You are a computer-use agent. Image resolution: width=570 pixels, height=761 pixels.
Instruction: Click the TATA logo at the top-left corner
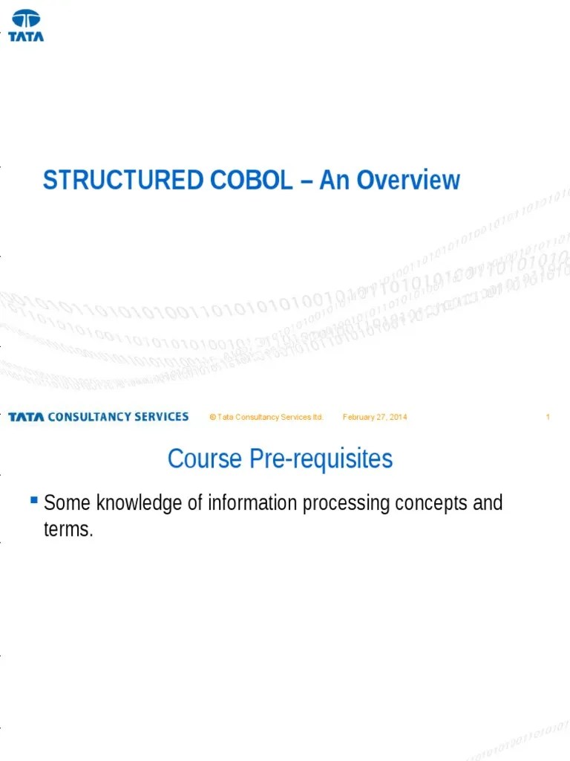coord(26,25)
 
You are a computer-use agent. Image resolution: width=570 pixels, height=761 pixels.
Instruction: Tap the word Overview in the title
coord(410,181)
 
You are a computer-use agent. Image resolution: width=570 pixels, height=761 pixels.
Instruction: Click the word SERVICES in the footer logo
coord(161,417)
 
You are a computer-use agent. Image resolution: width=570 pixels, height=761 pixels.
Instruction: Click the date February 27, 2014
coord(375,418)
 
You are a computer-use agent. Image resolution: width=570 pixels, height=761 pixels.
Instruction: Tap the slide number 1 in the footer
coord(548,418)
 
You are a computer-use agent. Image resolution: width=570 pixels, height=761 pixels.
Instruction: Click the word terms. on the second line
coord(69,531)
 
